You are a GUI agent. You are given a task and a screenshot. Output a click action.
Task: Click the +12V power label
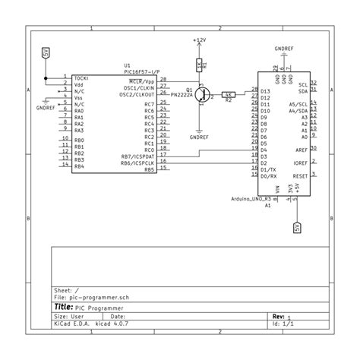coord(199,39)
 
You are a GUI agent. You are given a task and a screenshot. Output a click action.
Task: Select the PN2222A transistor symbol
coord(203,93)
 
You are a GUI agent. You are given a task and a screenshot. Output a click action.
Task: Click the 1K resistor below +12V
coord(199,65)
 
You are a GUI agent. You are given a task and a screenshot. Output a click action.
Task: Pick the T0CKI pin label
coord(82,77)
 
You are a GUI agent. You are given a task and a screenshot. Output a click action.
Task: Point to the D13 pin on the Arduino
coord(264,92)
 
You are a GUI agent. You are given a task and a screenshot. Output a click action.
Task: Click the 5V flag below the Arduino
coord(297,226)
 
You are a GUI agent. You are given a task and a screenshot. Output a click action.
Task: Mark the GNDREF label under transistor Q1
coord(200,137)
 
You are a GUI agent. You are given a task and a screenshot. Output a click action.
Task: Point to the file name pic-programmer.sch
coord(94,298)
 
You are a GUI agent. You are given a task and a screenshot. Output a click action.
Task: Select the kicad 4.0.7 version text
coord(112,324)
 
